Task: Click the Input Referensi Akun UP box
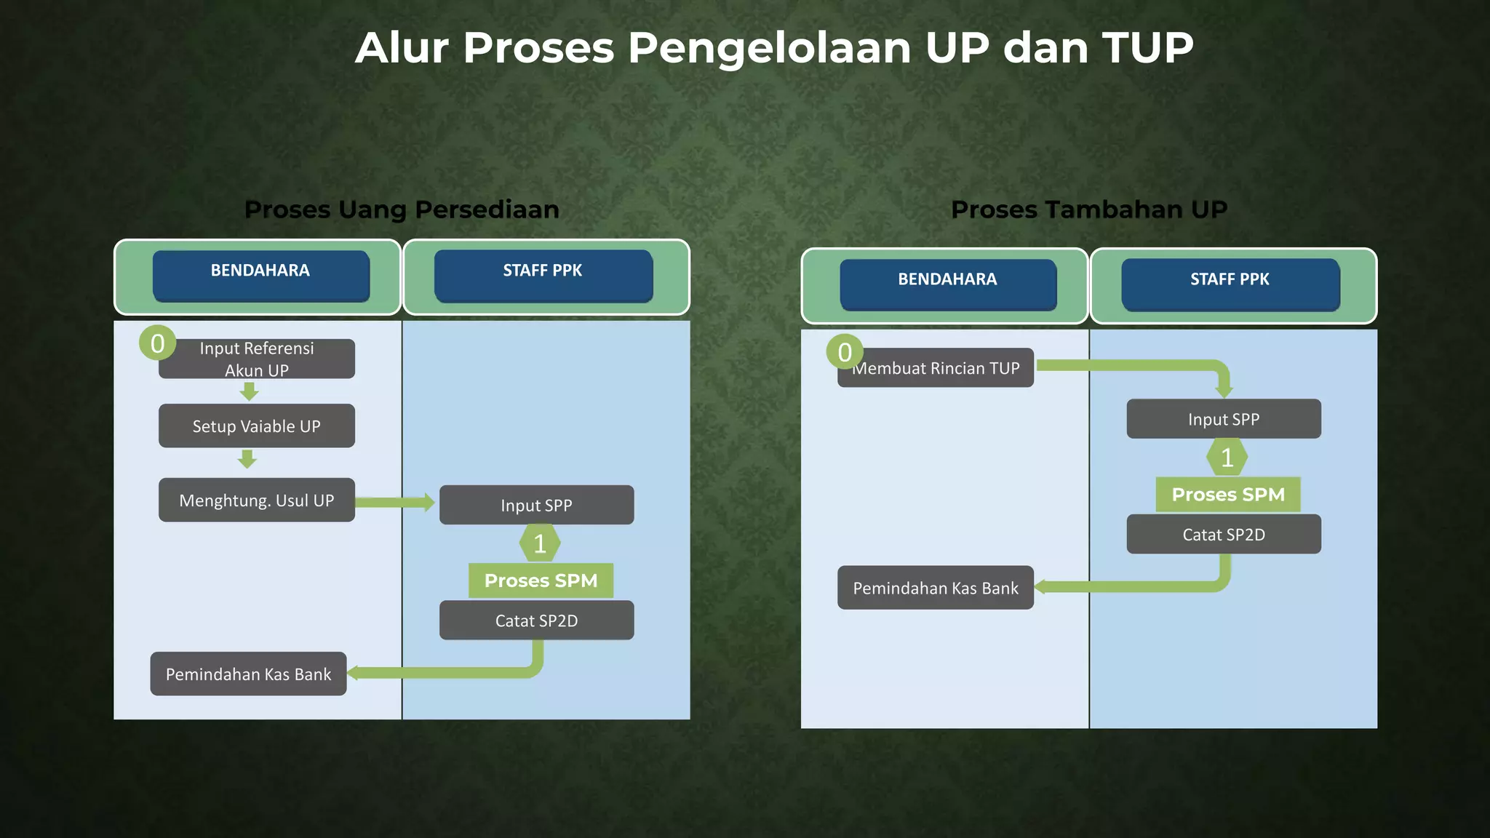click(x=257, y=359)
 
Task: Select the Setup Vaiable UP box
click(x=257, y=426)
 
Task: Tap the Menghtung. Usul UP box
click(x=257, y=500)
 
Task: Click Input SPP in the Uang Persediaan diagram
click(x=536, y=506)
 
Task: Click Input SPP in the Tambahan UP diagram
click(x=1224, y=420)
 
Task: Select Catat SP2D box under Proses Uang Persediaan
click(x=536, y=620)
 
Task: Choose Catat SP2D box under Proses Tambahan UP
click(x=1224, y=535)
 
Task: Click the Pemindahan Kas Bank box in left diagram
click(x=248, y=674)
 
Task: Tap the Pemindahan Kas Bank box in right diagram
click(x=936, y=588)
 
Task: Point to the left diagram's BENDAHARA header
click(x=260, y=276)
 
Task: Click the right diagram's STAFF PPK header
click(x=1230, y=284)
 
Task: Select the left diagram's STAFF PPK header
click(x=543, y=276)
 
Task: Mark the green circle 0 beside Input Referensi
click(x=157, y=343)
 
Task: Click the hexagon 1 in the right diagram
click(x=1227, y=458)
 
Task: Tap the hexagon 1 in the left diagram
click(x=540, y=543)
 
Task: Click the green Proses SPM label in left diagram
click(x=541, y=580)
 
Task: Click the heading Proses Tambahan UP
click(x=1088, y=209)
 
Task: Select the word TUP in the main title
click(x=1147, y=48)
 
